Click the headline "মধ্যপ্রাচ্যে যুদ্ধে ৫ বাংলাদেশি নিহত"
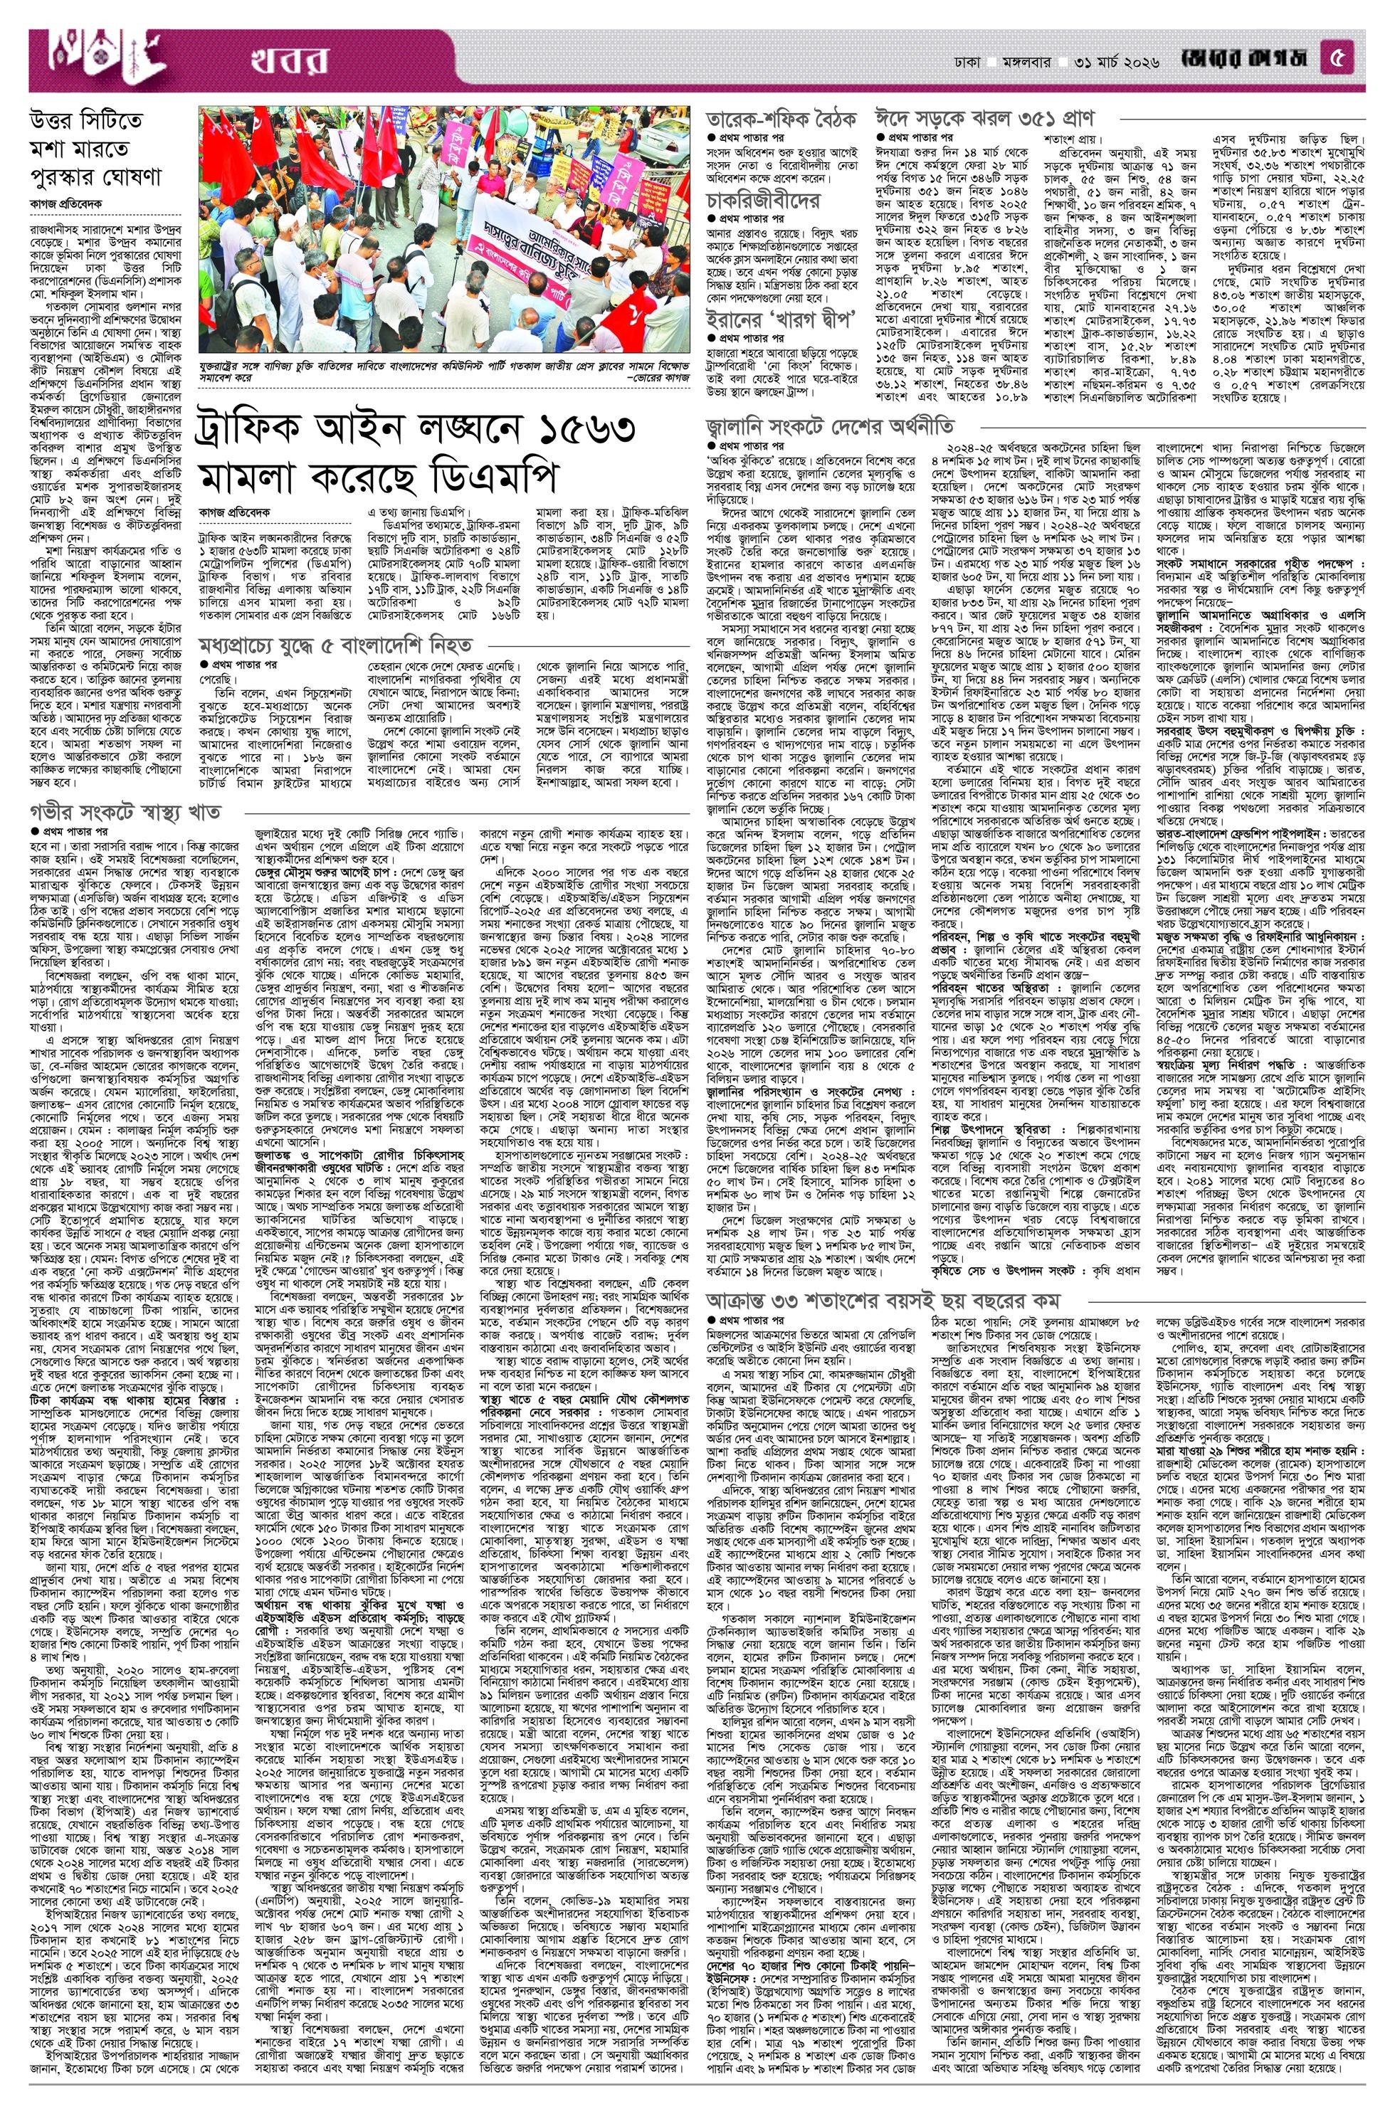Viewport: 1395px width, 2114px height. (335, 644)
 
